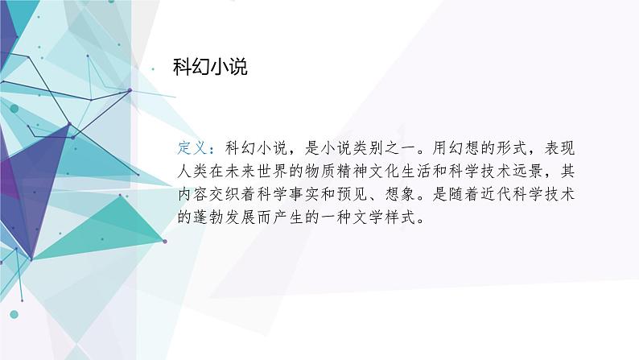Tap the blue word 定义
[x=193, y=148]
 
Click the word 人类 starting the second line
[x=193, y=172]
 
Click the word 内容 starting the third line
[x=193, y=195]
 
